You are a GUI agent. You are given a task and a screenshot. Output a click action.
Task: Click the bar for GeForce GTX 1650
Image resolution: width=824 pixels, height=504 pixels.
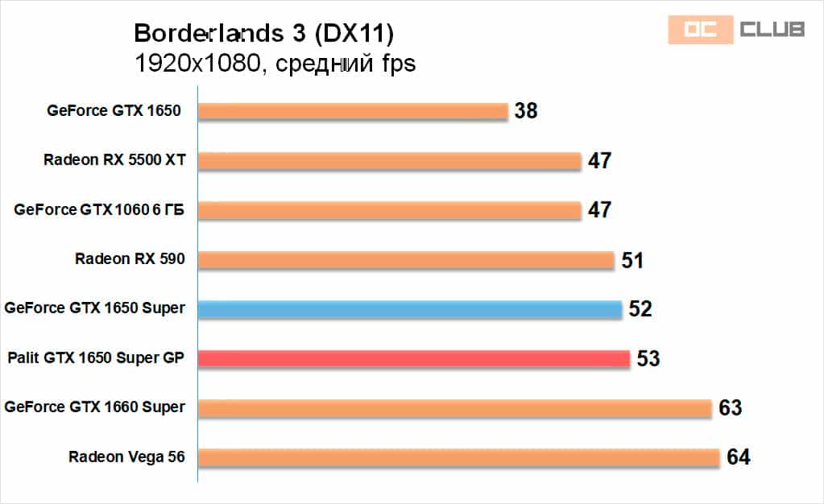tap(353, 111)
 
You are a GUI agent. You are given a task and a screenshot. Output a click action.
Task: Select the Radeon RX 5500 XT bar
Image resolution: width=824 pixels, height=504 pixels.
tap(389, 161)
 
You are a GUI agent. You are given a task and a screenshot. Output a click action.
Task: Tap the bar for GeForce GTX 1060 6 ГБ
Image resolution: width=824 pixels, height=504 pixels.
tap(389, 210)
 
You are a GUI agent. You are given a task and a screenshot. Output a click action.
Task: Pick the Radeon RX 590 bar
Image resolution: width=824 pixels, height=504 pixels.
tap(406, 260)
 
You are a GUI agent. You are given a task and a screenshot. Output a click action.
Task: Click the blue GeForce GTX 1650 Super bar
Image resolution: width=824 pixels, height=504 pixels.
tap(410, 309)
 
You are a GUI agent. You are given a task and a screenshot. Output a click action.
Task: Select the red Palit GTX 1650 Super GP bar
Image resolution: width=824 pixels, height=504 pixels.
tap(414, 358)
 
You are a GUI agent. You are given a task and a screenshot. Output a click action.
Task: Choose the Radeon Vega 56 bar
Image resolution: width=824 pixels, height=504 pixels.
tap(458, 457)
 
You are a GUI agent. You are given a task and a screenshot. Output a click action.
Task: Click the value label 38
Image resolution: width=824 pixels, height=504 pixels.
tap(526, 111)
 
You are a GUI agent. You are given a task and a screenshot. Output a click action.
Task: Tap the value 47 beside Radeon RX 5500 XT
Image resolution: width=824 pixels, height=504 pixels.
tap(599, 161)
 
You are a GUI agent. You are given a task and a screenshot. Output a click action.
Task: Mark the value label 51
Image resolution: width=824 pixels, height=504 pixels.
tap(633, 260)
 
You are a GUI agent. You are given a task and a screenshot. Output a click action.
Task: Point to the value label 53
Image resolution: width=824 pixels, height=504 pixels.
tap(648, 358)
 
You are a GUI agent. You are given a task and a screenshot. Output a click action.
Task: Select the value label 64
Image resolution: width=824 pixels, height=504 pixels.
tap(738, 457)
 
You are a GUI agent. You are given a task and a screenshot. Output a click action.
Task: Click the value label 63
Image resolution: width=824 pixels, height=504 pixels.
tap(731, 408)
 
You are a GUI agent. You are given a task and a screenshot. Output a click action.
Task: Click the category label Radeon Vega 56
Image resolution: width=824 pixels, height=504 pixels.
tap(126, 457)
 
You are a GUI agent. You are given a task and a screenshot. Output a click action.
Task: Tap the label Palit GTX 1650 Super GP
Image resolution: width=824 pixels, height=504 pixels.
tap(96, 357)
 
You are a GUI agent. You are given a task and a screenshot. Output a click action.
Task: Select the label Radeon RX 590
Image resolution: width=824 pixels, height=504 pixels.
tap(130, 259)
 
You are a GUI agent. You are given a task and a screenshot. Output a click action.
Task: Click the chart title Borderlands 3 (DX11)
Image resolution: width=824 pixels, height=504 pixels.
tap(264, 33)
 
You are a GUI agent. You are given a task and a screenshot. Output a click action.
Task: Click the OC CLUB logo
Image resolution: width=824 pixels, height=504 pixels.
tap(736, 30)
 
